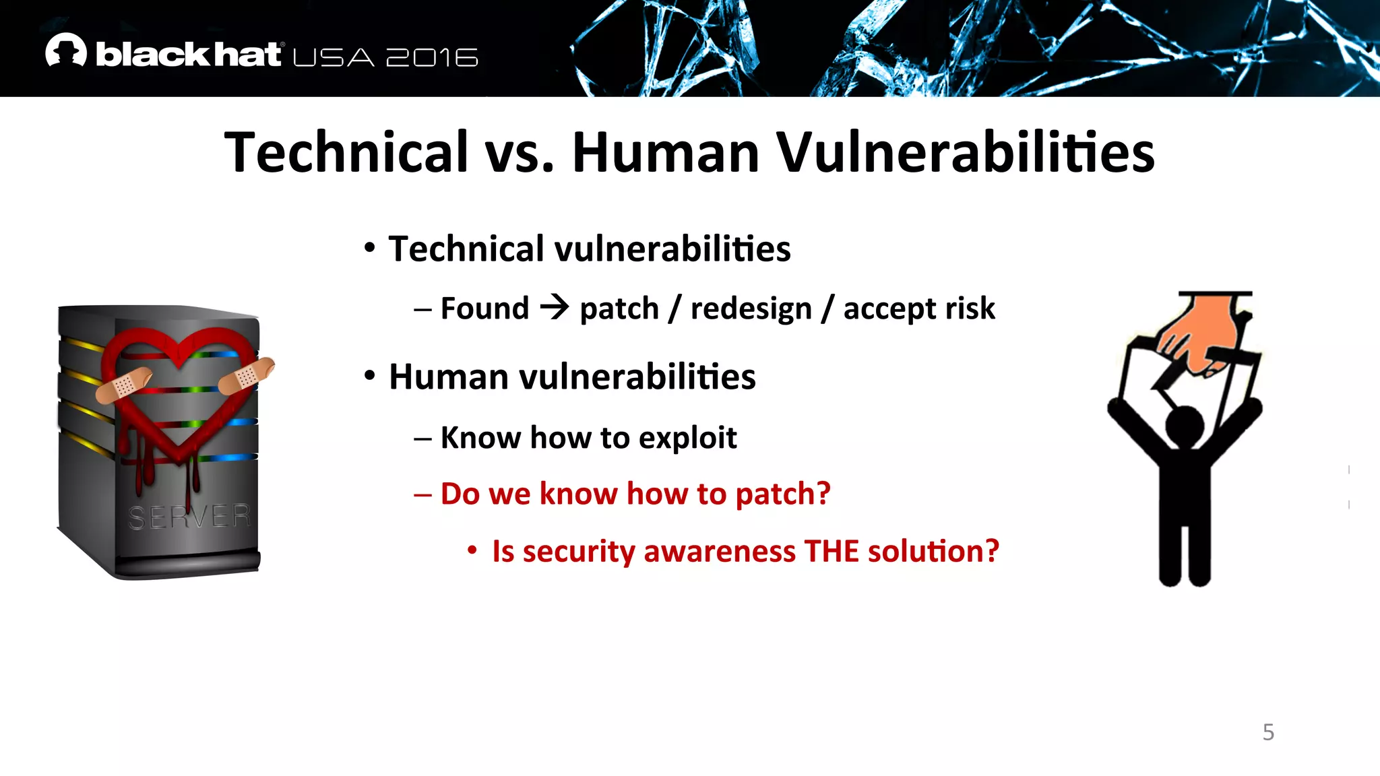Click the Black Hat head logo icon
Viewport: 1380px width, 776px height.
(66, 51)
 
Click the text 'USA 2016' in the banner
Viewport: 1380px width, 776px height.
(385, 58)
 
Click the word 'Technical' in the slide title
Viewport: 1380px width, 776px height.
(346, 152)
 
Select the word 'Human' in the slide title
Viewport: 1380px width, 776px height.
(666, 152)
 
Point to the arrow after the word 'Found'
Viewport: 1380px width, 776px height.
(555, 308)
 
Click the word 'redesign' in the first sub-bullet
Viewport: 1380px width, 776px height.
(751, 309)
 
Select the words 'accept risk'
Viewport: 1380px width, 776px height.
(919, 309)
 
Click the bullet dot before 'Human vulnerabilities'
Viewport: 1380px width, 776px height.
(369, 376)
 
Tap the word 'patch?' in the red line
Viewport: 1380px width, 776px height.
(782, 494)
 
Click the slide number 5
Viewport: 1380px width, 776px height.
(1268, 732)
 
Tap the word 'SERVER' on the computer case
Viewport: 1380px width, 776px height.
(189, 517)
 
